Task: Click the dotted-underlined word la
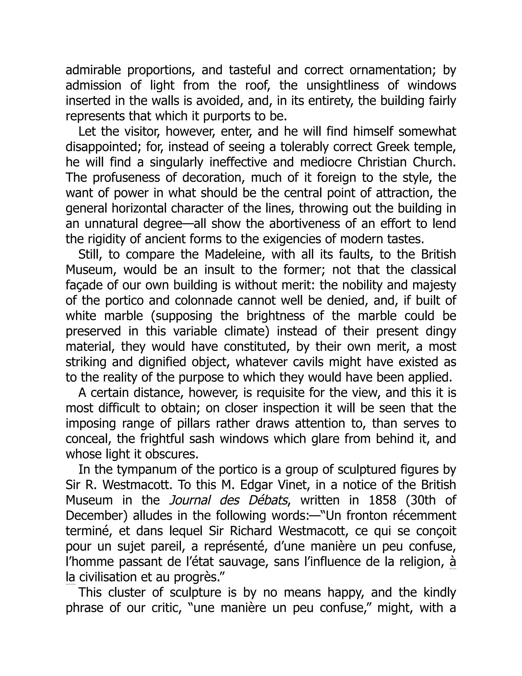[x=71, y=577]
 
